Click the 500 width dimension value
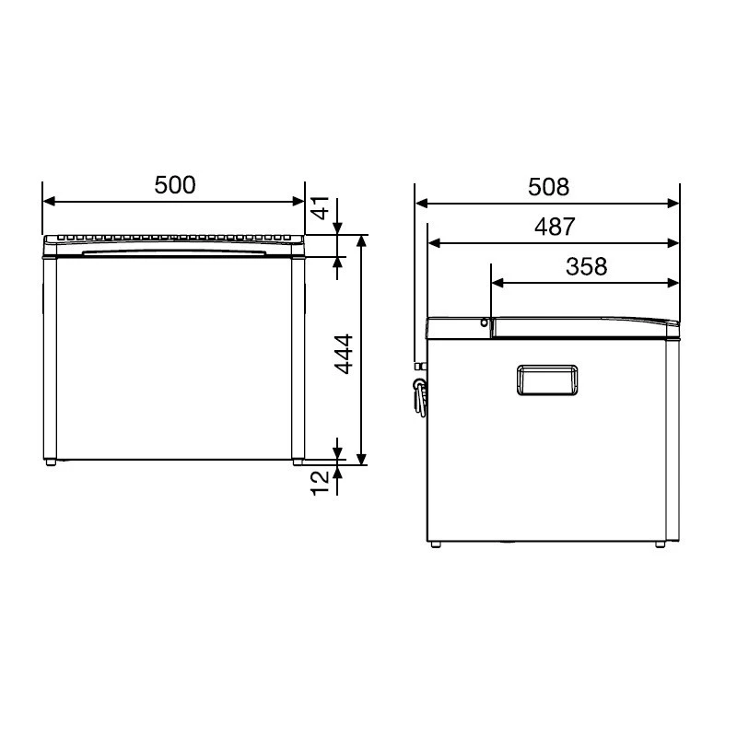[175, 185]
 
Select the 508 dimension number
[548, 187]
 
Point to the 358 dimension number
[586, 266]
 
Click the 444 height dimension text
[344, 354]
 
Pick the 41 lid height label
[320, 210]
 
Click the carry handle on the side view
[546, 380]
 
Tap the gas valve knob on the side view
[421, 388]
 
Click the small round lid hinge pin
[484, 322]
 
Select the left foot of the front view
[52, 463]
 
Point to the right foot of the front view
[298, 463]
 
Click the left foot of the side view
[436, 545]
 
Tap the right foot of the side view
[661, 545]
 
